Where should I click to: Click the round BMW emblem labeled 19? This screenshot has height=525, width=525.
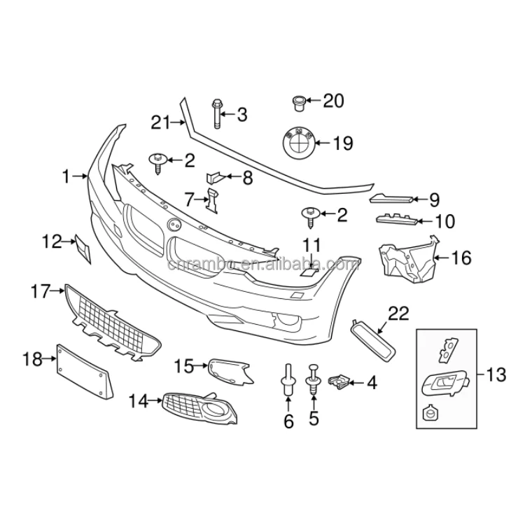point(296,143)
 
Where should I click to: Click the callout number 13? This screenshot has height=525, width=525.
point(495,375)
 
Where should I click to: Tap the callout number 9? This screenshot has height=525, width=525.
point(434,200)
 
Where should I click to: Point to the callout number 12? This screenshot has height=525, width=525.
point(52,242)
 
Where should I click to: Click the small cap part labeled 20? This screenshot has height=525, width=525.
point(297,103)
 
